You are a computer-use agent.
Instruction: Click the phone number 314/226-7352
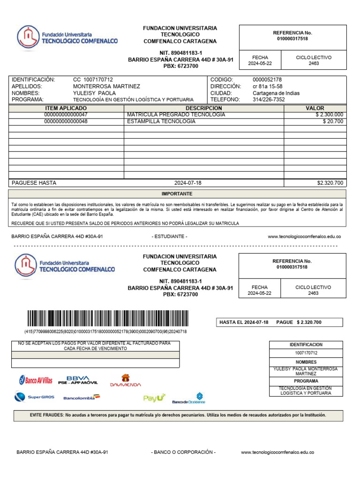269,100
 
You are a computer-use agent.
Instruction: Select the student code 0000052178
267,80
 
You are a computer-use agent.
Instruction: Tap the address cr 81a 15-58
267,86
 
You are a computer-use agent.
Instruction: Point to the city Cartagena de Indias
276,93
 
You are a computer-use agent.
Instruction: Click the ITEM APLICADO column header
66,108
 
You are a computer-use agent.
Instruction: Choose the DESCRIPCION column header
203,108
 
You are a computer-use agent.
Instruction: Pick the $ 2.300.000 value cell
329,115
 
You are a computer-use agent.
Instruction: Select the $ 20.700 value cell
333,121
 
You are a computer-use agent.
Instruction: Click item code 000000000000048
66,121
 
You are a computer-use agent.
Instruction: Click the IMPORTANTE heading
177,194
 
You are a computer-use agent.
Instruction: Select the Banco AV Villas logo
36,380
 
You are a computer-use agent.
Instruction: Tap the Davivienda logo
125,380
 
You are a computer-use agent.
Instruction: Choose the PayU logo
154,398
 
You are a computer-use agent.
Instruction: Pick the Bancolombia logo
82,397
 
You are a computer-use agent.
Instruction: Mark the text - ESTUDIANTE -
169,237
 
